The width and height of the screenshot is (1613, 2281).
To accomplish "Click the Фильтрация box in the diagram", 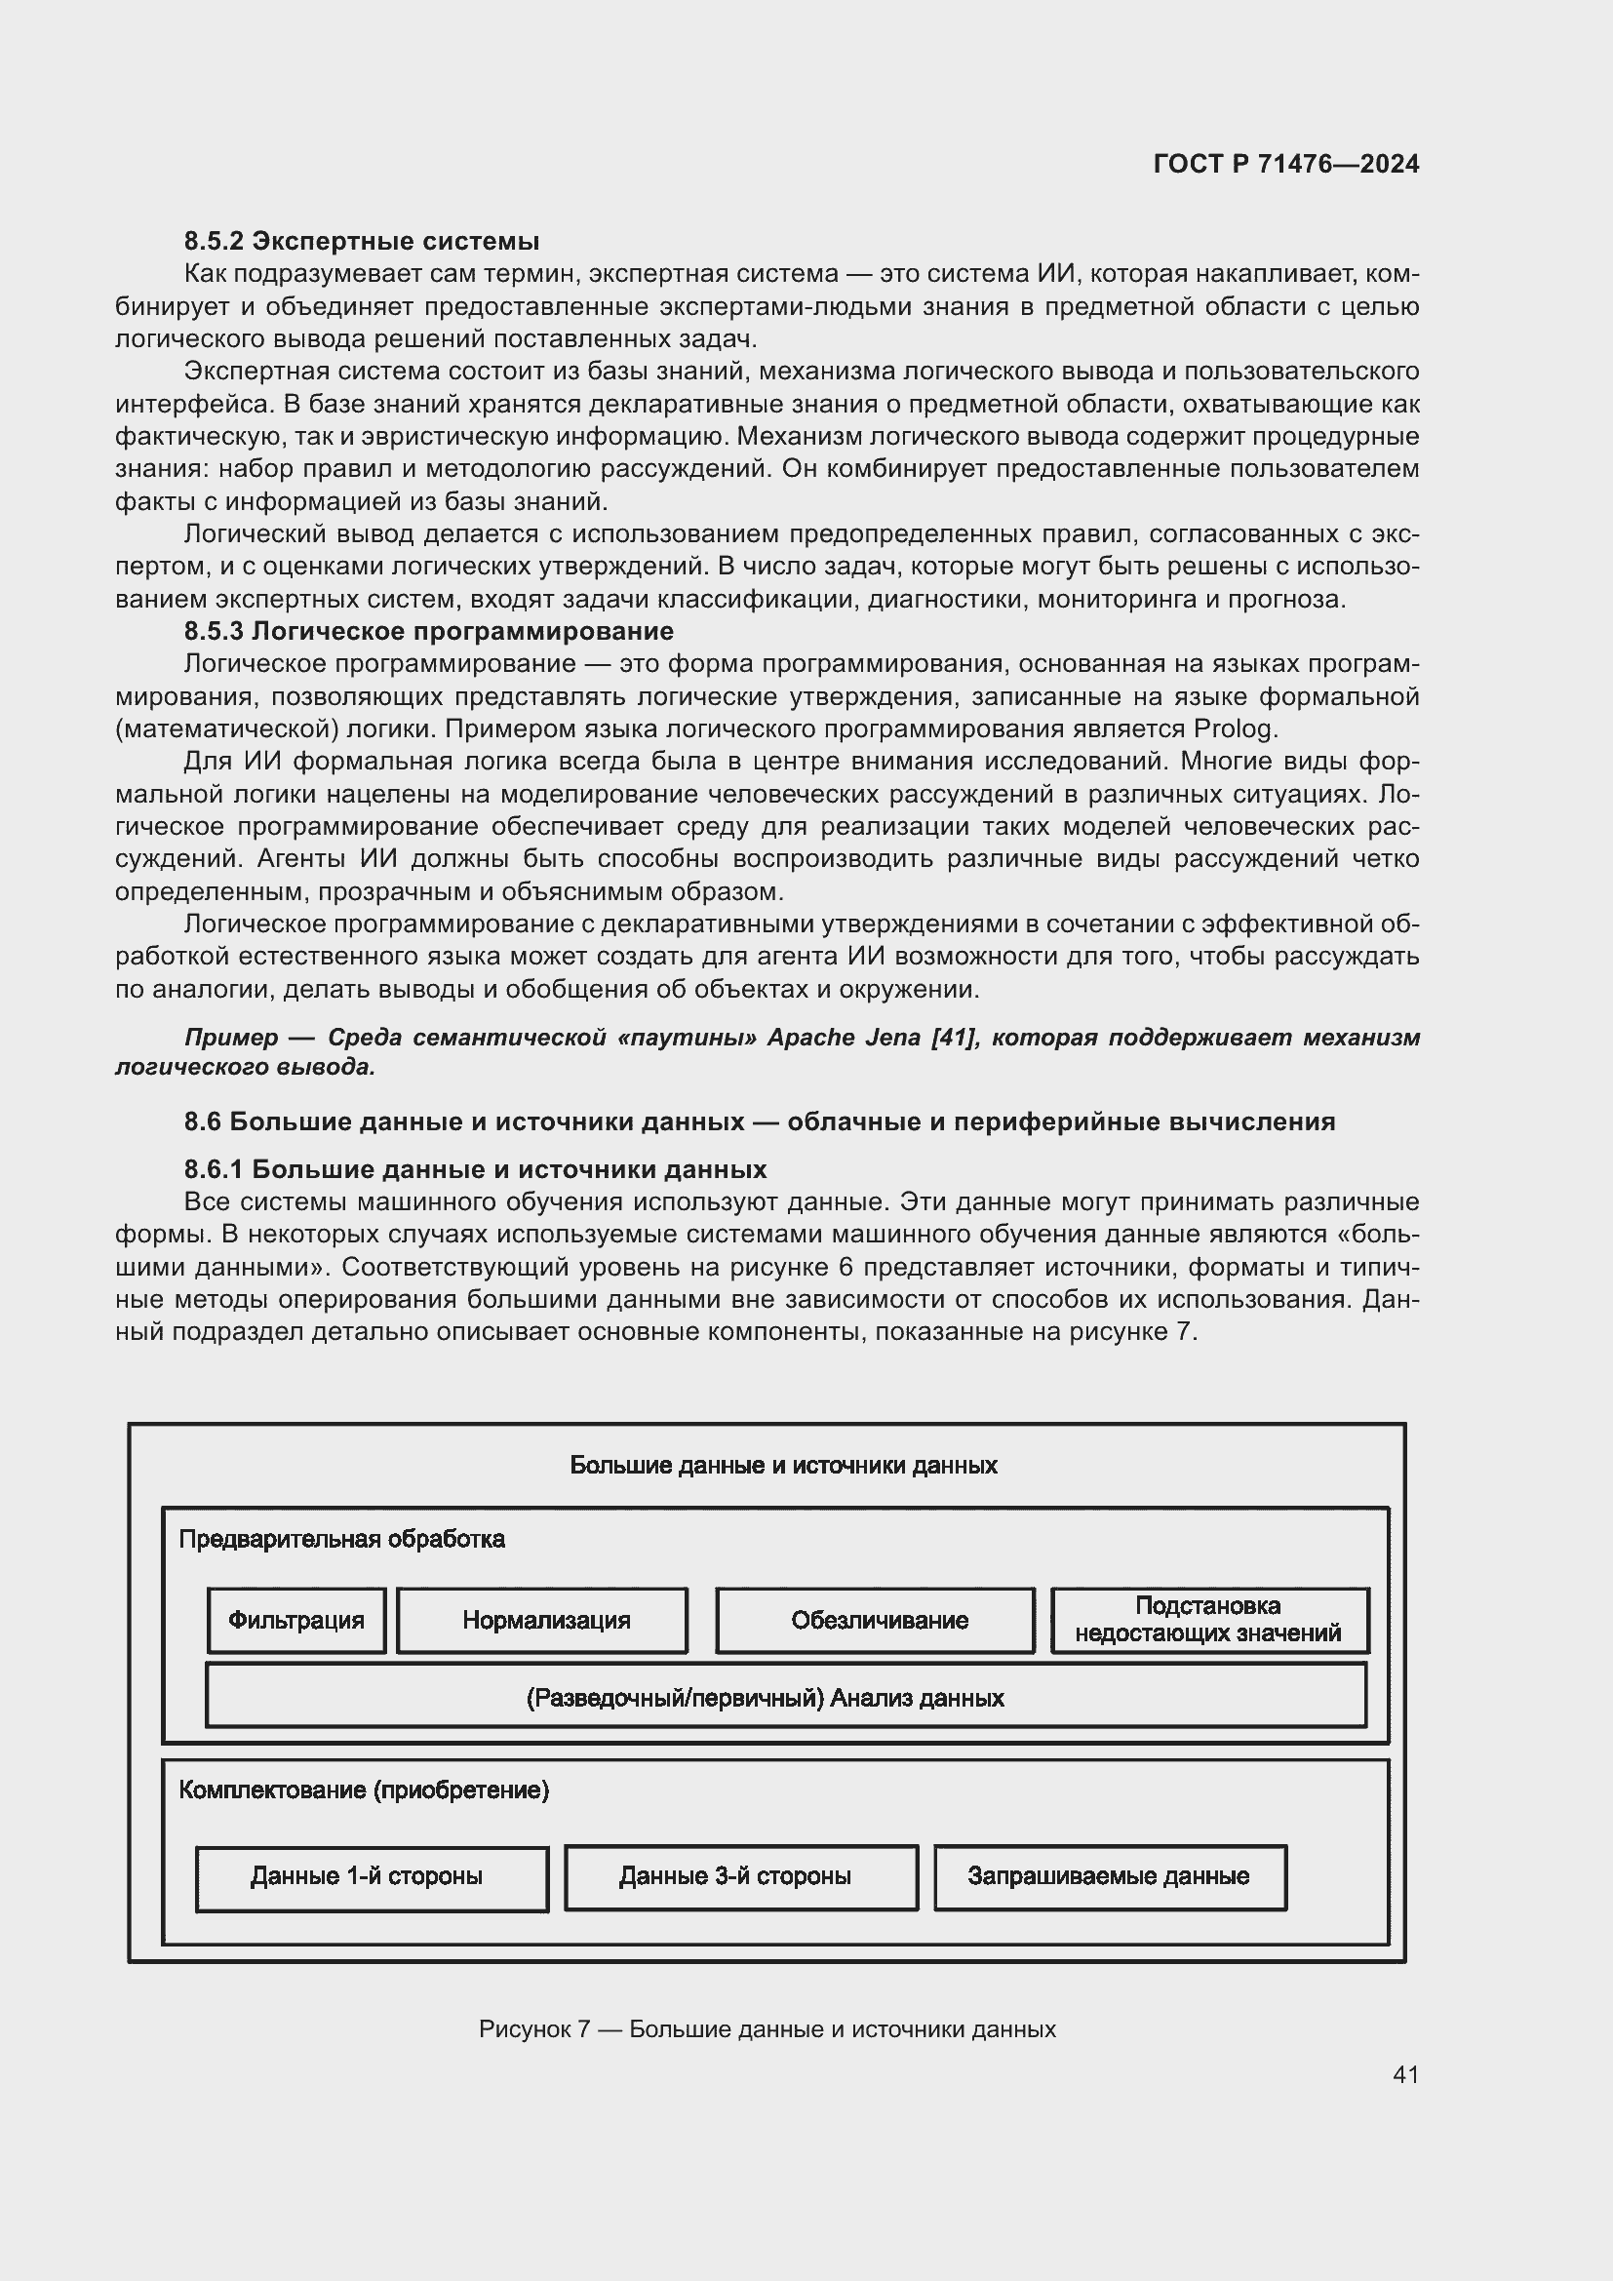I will coord(296,1621).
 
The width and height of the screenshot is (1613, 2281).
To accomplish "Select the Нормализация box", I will coord(542,1621).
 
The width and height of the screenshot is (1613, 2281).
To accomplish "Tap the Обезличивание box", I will coord(875,1621).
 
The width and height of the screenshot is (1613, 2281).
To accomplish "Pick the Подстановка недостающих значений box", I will coord(1208,1620).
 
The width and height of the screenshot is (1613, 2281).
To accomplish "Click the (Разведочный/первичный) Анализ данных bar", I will coord(786,1698).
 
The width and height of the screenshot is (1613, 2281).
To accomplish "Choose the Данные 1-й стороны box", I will coord(372,1876).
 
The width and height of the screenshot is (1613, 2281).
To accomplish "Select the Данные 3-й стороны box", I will coord(741,1876).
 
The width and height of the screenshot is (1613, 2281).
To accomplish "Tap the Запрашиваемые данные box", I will coord(1110,1876).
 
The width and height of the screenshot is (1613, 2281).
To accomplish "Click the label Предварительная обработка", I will coord(341,1539).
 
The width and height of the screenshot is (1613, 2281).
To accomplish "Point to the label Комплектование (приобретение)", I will coord(364,1790).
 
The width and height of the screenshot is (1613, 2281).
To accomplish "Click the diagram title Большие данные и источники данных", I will coord(783,1466).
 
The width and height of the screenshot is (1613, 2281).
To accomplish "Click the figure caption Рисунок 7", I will coord(767,2029).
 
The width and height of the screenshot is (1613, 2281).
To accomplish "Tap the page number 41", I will coord(1404,2074).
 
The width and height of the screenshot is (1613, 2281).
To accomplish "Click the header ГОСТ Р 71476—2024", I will coord(1286,165).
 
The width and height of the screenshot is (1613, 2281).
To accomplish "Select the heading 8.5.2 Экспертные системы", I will coord(362,242).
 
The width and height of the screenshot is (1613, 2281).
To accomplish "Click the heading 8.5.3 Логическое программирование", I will coord(428,632).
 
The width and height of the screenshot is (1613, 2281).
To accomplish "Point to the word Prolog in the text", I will coord(1235,729).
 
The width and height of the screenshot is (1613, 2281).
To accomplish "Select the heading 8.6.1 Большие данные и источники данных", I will coord(475,1169).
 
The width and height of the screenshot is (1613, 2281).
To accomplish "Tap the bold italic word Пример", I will coord(230,1038).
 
